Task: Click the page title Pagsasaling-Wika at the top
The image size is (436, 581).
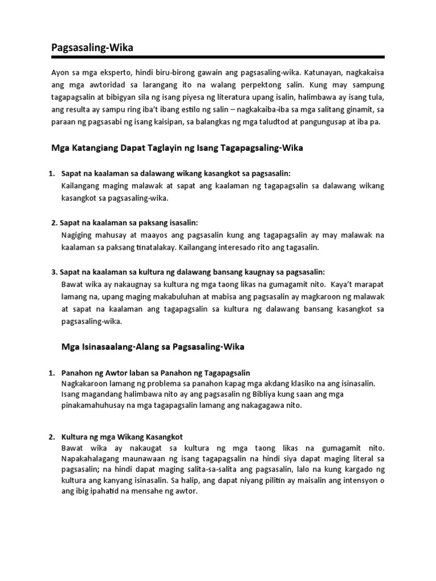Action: point(93,48)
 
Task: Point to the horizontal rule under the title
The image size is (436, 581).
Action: point(217,57)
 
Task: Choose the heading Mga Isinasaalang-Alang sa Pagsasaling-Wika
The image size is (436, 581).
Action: point(152,346)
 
